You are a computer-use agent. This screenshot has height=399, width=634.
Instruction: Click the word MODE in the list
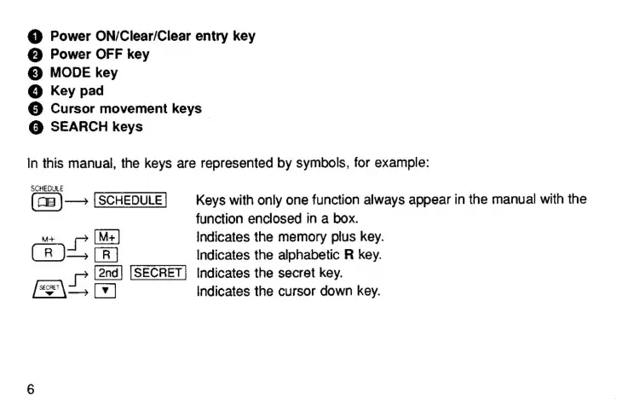[x=69, y=73]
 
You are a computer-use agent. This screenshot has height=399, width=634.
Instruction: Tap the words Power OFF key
[x=100, y=55]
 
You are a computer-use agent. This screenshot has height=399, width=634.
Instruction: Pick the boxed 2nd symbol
[x=108, y=273]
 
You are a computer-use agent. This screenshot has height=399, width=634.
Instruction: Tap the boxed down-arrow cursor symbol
[x=107, y=292]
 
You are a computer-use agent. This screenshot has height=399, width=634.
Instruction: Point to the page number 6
[x=31, y=390]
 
